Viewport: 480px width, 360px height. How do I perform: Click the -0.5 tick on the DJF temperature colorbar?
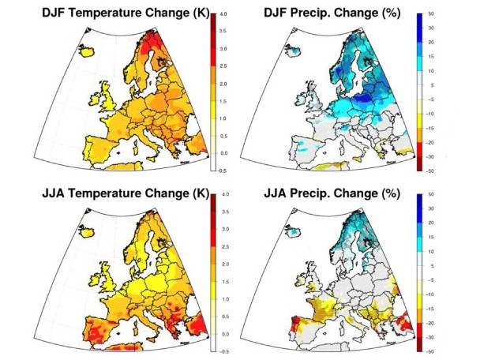pyautogui.click(x=224, y=170)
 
